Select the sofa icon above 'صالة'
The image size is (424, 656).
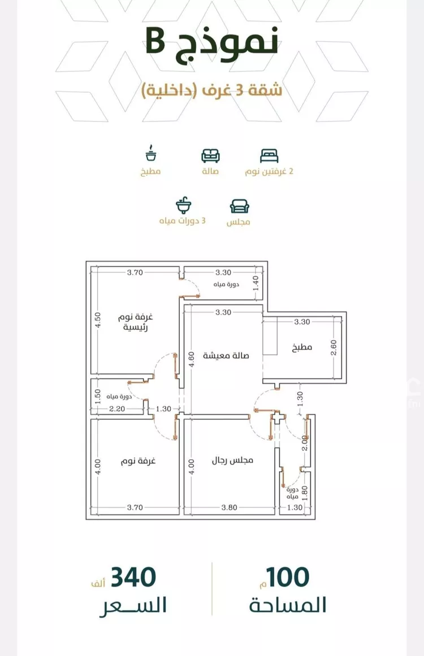point(211,155)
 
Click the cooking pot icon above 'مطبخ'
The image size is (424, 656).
point(151,154)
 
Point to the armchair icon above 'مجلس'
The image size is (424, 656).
point(239,205)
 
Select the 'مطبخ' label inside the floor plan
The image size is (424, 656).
point(302,347)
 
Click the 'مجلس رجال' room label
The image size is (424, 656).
point(232,460)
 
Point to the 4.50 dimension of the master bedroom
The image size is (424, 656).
point(97,321)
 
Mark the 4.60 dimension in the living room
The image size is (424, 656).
point(192,359)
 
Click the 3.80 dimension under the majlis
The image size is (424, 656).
point(229,507)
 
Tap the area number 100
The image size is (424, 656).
point(288,577)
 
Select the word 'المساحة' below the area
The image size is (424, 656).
point(288,605)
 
